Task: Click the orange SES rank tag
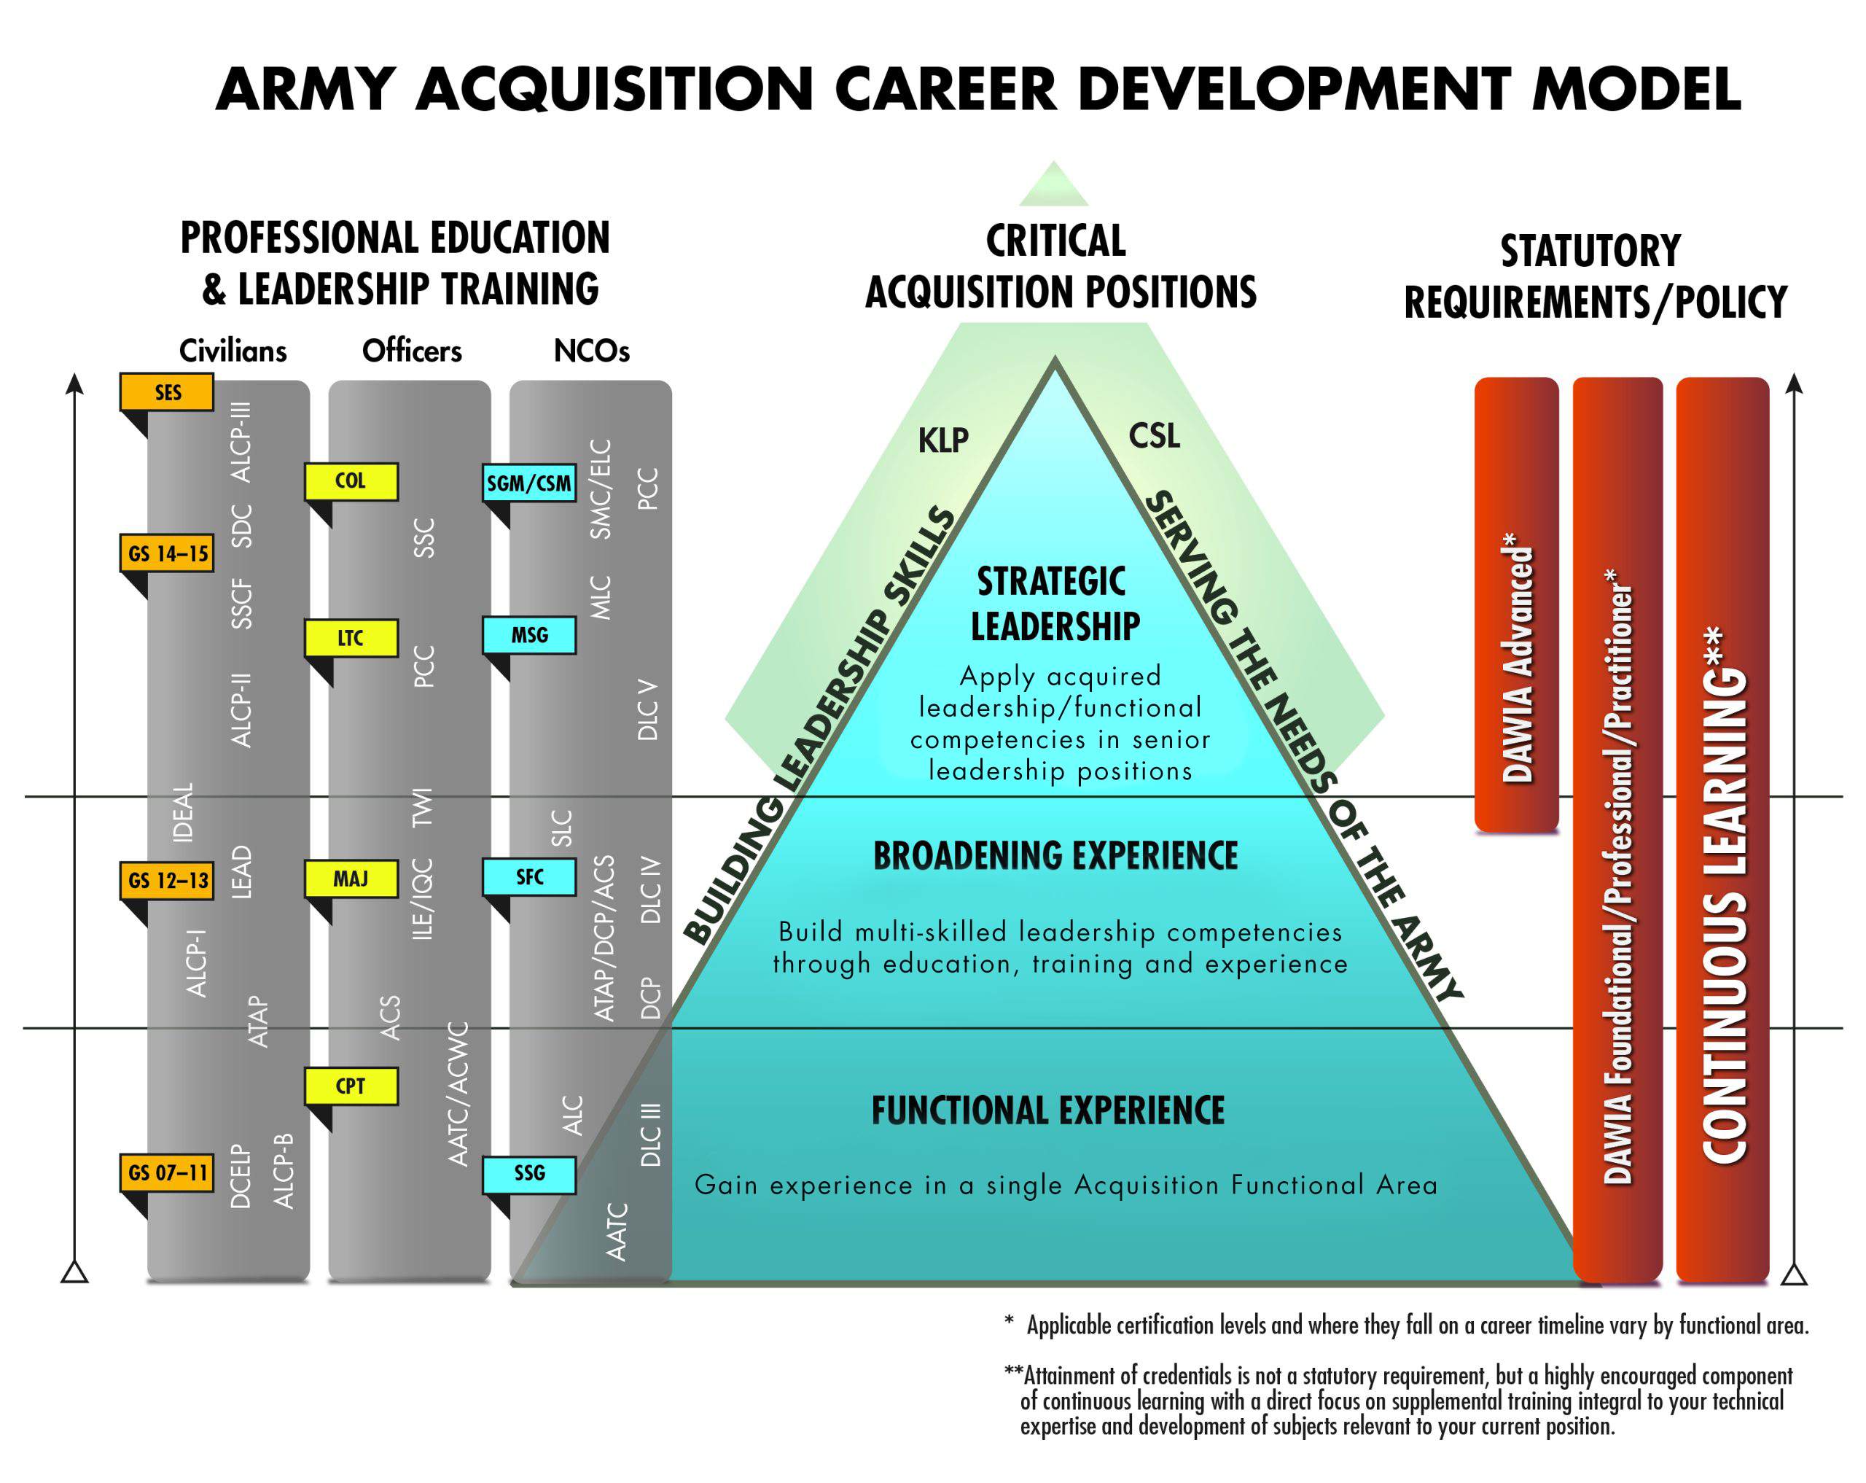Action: tap(166, 392)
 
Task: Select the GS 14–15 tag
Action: tap(166, 553)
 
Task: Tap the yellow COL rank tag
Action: tap(351, 481)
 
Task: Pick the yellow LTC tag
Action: tap(351, 638)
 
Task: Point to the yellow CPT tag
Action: tap(351, 1086)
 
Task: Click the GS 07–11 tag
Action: tap(166, 1173)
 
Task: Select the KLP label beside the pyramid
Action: tap(942, 440)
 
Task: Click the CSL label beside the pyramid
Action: tap(1155, 435)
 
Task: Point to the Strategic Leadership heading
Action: tap(1054, 604)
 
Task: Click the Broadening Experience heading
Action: tap(1055, 855)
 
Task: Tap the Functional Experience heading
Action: tap(1048, 1110)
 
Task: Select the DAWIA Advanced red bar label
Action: tap(1517, 658)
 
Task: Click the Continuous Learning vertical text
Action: tap(1724, 895)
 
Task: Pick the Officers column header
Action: tap(412, 351)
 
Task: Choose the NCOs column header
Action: tap(591, 351)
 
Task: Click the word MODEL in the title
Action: tap(1636, 89)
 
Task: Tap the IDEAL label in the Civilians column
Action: tap(184, 813)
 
